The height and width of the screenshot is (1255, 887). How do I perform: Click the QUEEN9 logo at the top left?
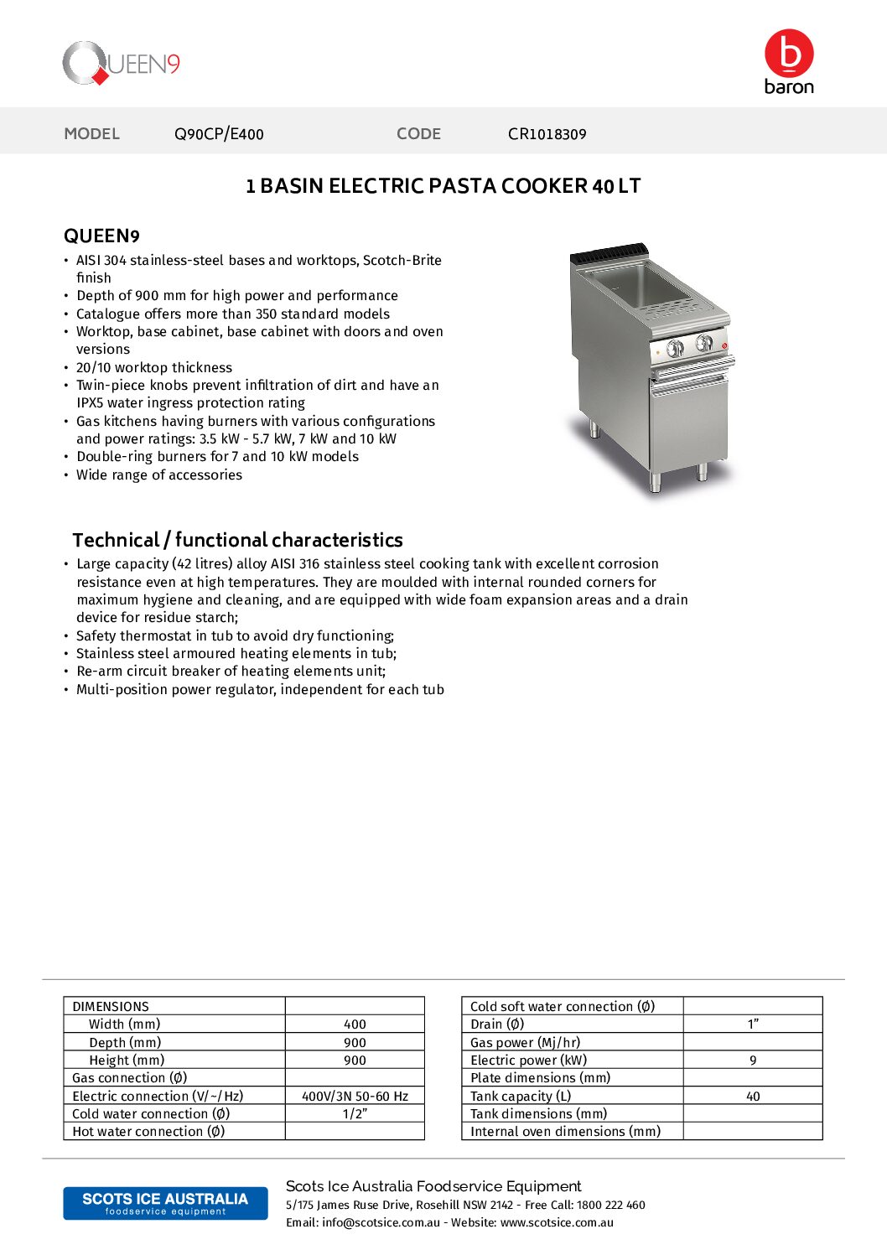click(x=122, y=64)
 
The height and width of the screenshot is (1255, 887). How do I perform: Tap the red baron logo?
click(x=789, y=61)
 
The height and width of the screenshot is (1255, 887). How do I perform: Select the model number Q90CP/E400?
click(x=219, y=134)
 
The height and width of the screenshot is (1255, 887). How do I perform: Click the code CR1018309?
click(x=547, y=134)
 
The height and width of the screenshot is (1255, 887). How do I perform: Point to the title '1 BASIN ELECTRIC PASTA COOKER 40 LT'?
click(x=443, y=186)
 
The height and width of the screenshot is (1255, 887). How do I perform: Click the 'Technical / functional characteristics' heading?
click(x=237, y=540)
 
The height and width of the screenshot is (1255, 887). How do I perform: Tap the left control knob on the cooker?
click(x=675, y=348)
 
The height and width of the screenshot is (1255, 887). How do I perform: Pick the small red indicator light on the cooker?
click(x=724, y=345)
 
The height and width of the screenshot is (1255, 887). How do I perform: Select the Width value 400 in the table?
click(x=355, y=1024)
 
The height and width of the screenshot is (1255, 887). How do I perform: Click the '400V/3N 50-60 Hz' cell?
click(x=355, y=1096)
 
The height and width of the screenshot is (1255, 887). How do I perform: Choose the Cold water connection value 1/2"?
click(x=355, y=1114)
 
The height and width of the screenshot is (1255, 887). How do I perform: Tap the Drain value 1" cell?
click(x=753, y=1024)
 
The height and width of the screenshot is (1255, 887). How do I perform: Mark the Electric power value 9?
click(x=753, y=1061)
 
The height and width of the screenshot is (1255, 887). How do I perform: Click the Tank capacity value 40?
click(x=753, y=1097)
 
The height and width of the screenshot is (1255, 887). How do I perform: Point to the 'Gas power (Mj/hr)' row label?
click(x=525, y=1043)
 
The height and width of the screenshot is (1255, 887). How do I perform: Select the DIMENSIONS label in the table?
click(x=111, y=1007)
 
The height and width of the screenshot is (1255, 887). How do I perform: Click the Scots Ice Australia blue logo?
click(x=165, y=1203)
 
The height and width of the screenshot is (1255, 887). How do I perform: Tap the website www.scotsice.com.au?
click(x=557, y=1223)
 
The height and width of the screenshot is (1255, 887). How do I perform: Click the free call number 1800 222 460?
click(x=611, y=1206)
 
